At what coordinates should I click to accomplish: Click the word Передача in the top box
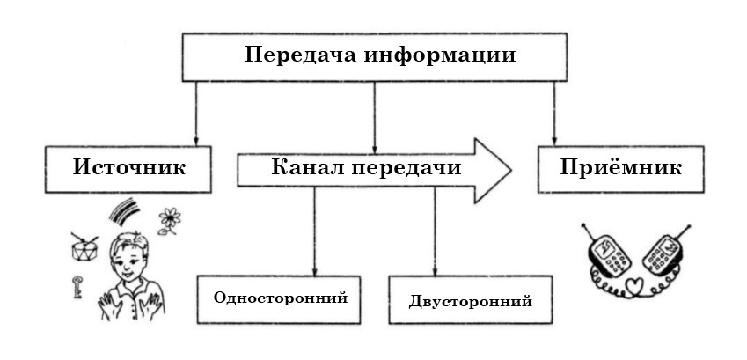pos(295,55)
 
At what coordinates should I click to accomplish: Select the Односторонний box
pos(281,297)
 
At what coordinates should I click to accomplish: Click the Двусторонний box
pos(471,300)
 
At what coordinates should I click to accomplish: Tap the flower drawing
pos(167,220)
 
